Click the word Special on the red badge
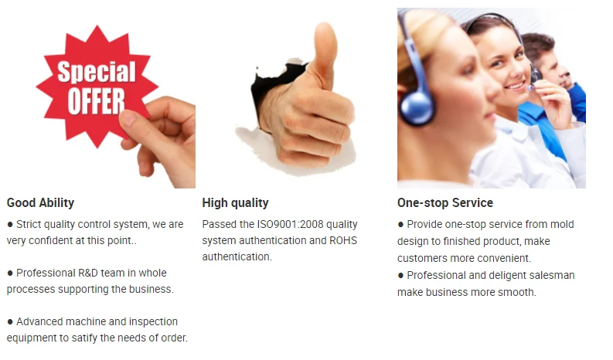point(97,72)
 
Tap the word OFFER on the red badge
point(96,101)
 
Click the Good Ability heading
point(40,202)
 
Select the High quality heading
point(235,202)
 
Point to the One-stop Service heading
point(445,202)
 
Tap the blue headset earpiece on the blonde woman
point(417,105)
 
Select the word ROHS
point(343,240)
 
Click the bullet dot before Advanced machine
point(10,322)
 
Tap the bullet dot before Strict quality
point(10,225)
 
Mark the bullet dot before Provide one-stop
point(400,225)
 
